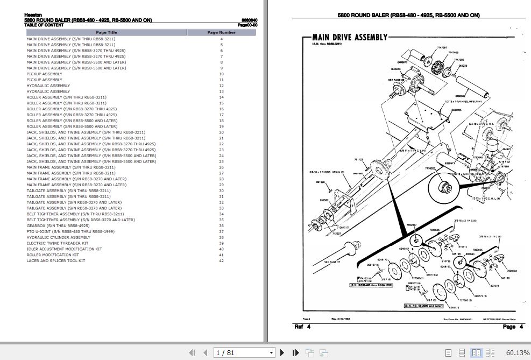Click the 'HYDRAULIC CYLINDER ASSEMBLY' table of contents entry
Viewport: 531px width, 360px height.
(x=58, y=237)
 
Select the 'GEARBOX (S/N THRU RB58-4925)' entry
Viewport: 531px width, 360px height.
(x=58, y=225)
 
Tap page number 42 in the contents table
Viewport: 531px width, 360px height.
(x=221, y=260)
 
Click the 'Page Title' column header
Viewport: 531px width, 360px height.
(x=106, y=32)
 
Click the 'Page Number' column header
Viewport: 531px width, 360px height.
(x=221, y=32)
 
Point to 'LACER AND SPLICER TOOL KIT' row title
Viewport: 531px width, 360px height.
(x=55, y=260)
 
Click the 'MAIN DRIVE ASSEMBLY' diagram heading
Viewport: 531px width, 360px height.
(x=350, y=37)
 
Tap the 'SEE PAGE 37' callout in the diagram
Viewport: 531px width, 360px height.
(x=332, y=262)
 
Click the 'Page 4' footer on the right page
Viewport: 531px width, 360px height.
(x=508, y=327)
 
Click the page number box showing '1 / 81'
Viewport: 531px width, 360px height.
(x=244, y=352)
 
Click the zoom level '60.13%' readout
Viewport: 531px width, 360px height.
(x=518, y=352)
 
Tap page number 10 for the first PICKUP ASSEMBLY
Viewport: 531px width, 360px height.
(x=221, y=74)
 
